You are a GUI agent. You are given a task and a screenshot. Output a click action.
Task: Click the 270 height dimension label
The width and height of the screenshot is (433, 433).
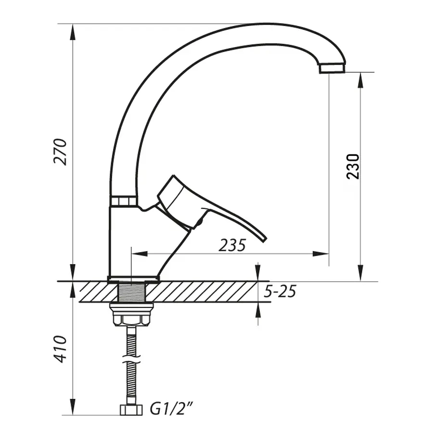tap(60, 152)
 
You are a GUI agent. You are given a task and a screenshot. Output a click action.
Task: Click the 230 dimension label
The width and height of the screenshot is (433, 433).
tap(354, 166)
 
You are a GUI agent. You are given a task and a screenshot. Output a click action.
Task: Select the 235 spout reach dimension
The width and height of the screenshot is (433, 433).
tap(232, 245)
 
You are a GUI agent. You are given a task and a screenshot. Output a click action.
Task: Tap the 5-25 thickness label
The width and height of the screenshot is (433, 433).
tap(280, 291)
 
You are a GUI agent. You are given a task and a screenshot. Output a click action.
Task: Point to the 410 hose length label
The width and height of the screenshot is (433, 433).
tap(60, 349)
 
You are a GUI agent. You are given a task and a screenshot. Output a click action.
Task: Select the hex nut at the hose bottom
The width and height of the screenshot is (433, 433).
tap(131, 410)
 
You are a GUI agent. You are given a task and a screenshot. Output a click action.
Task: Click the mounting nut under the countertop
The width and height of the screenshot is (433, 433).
tap(131, 315)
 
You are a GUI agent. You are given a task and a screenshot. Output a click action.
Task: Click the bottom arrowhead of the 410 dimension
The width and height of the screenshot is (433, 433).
tap(73, 407)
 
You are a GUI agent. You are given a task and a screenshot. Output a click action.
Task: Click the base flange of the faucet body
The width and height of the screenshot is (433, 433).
tap(133, 279)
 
